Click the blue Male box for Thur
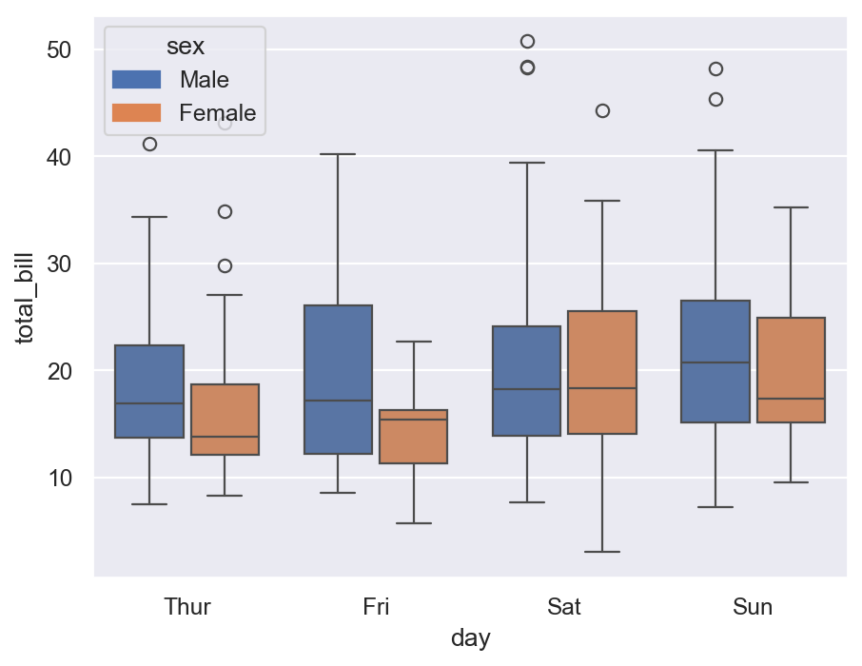click(x=149, y=391)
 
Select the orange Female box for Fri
click(x=413, y=437)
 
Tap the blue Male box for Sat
click(x=526, y=381)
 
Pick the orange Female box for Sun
click(x=791, y=370)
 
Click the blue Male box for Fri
click(x=338, y=380)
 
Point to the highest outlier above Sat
click(x=527, y=41)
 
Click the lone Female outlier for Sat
click(x=602, y=110)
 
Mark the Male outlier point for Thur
click(x=149, y=144)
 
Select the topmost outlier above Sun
click(x=715, y=69)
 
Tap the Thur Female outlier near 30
click(x=225, y=265)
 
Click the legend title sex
click(x=185, y=46)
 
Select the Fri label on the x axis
click(x=376, y=607)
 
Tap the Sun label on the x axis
click(x=753, y=607)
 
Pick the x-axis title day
click(x=470, y=638)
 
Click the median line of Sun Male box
click(x=715, y=362)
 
